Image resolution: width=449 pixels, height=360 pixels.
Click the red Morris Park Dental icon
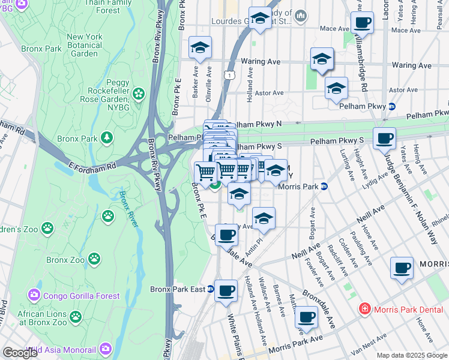(x=364, y=310)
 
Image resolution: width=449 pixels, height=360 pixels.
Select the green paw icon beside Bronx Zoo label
(x=94, y=259)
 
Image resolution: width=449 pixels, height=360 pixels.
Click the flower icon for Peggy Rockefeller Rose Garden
(x=139, y=94)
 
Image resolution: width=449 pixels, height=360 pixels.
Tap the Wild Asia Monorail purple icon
(x=106, y=349)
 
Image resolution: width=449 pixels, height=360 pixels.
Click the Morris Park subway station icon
(x=324, y=187)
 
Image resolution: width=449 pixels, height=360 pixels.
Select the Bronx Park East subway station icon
(x=211, y=289)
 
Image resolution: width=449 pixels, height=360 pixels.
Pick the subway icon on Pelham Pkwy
(x=393, y=107)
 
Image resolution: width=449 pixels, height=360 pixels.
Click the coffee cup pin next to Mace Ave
(x=361, y=24)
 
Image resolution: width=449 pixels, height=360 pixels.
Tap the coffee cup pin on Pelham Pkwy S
(x=384, y=139)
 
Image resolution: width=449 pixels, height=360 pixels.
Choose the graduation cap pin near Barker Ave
(x=200, y=49)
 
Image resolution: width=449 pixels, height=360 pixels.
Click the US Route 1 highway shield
(x=229, y=74)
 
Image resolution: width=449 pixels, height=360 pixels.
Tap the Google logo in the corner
(x=20, y=353)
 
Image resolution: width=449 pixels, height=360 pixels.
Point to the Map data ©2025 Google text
(x=411, y=355)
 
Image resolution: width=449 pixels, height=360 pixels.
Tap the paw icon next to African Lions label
(x=75, y=316)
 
